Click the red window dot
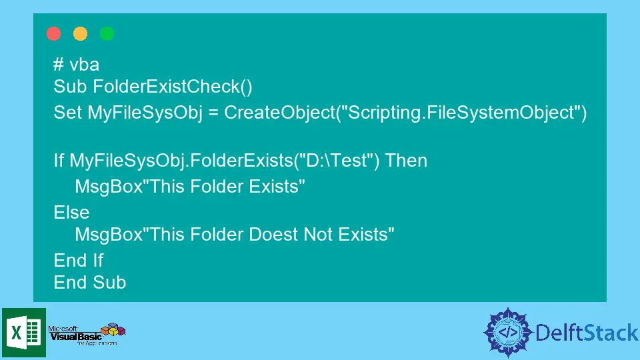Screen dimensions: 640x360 point(53,33)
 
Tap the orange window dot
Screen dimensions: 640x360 point(81,33)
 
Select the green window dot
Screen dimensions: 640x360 point(107,33)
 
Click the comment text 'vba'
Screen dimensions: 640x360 point(85,65)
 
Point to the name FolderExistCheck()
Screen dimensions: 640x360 point(173,87)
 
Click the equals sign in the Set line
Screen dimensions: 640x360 point(213,113)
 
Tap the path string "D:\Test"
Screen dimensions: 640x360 point(337,161)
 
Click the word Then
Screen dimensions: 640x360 point(406,161)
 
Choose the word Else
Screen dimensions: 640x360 point(71,212)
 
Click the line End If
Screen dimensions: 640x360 point(79,261)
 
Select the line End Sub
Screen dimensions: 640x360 point(90,283)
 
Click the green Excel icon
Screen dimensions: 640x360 point(24,333)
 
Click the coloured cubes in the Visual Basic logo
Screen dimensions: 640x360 point(113,329)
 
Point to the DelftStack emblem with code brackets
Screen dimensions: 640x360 point(508,333)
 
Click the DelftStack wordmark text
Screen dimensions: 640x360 point(587,333)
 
